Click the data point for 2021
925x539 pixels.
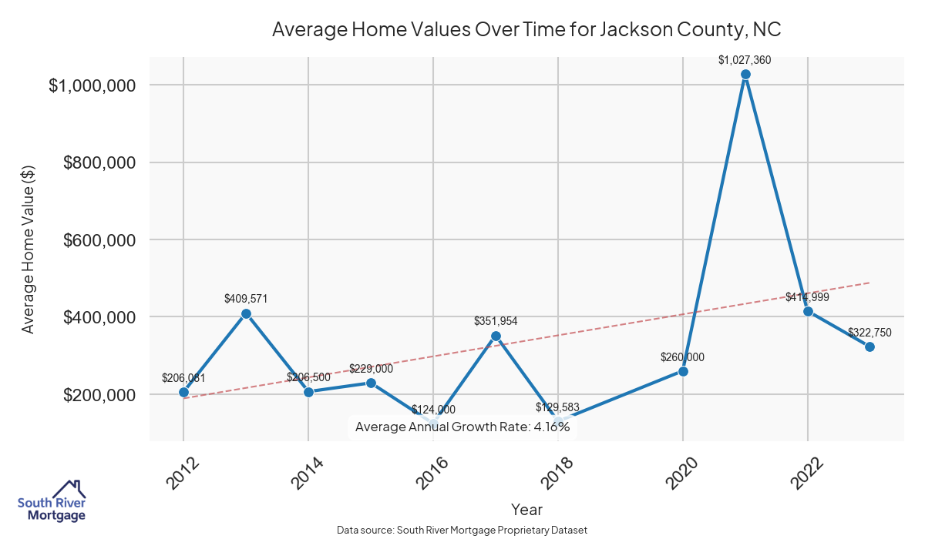pos(745,75)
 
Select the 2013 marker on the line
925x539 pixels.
pos(246,313)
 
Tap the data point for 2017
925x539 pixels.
pos(496,336)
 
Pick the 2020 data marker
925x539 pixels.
pos(683,371)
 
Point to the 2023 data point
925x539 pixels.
pos(869,346)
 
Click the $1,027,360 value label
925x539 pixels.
pos(745,59)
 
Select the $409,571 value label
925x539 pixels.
pos(246,298)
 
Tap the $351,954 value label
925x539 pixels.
pos(496,320)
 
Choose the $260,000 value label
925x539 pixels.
pos(682,357)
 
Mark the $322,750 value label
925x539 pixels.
pos(869,333)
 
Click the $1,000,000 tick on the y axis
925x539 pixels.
pos(92,85)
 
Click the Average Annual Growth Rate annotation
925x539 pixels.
pos(462,427)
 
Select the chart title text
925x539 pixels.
pos(526,30)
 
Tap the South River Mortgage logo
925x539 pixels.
pos(52,501)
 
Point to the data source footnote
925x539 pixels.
pos(462,530)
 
